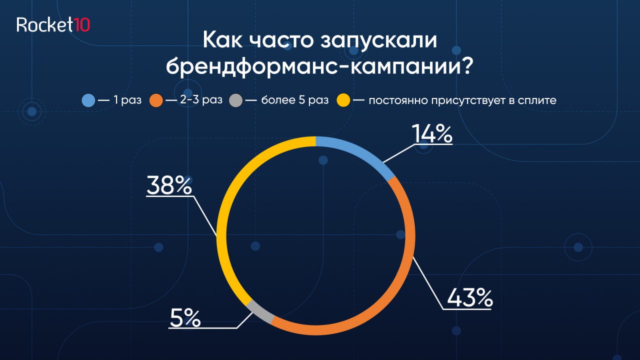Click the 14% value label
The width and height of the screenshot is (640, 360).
432,133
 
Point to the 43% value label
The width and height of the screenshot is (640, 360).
469,297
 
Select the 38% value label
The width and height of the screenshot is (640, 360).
169,185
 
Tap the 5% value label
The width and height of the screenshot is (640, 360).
185,318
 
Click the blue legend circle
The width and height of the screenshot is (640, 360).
88,100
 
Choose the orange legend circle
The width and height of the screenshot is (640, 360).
156,100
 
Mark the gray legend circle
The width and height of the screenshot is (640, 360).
235,100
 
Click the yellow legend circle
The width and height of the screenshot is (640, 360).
343,100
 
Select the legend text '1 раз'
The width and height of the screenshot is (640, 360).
127,100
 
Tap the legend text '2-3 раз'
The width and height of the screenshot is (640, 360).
201,100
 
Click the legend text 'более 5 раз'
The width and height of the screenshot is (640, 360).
295,100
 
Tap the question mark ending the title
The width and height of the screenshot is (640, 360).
465,66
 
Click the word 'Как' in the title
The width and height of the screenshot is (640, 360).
223,39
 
